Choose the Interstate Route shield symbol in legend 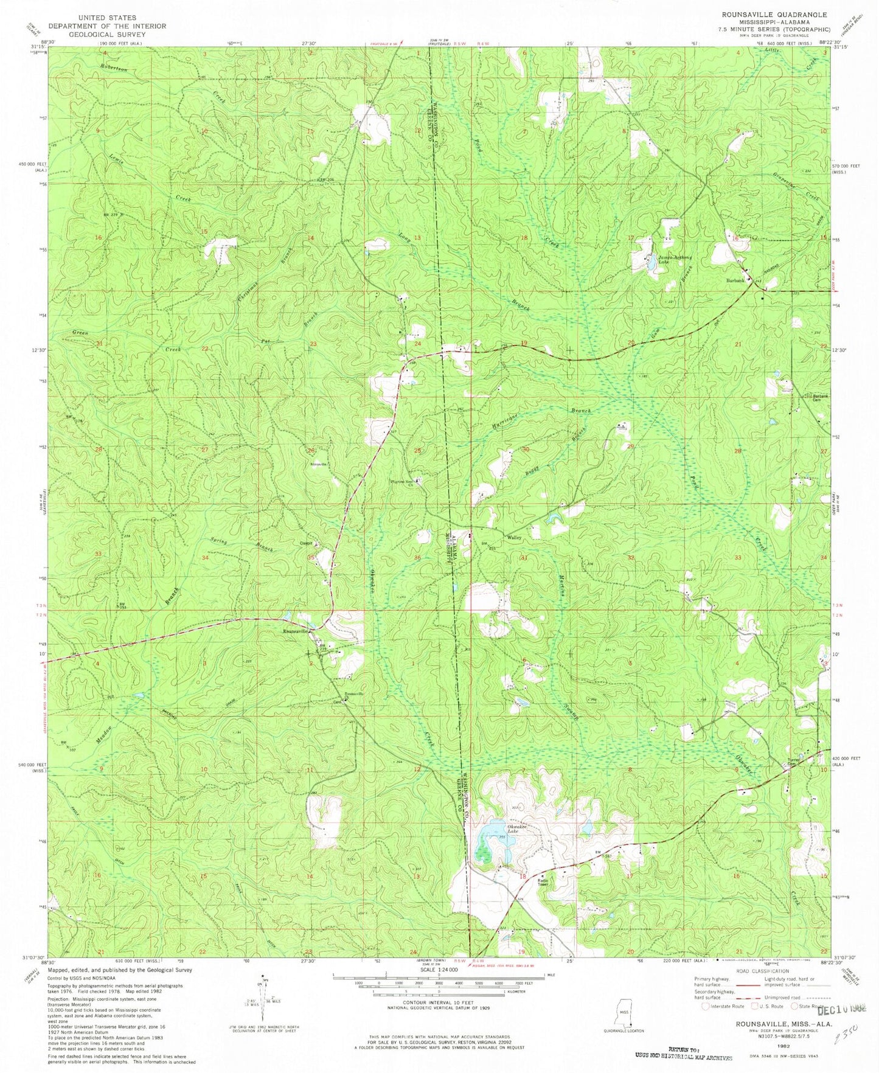(x=706, y=1006)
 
